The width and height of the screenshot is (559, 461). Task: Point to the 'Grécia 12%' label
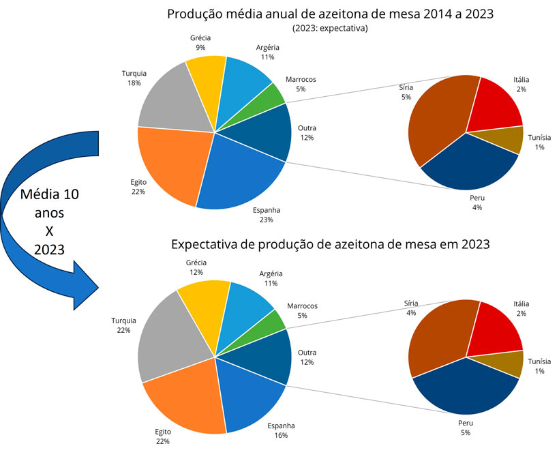[x=196, y=268]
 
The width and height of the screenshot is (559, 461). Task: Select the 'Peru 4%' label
[x=477, y=202]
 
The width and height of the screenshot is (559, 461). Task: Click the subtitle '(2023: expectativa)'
[x=331, y=29]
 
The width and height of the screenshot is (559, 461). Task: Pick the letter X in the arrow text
[x=49, y=231]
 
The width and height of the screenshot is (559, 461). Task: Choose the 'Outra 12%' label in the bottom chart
[x=307, y=357]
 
